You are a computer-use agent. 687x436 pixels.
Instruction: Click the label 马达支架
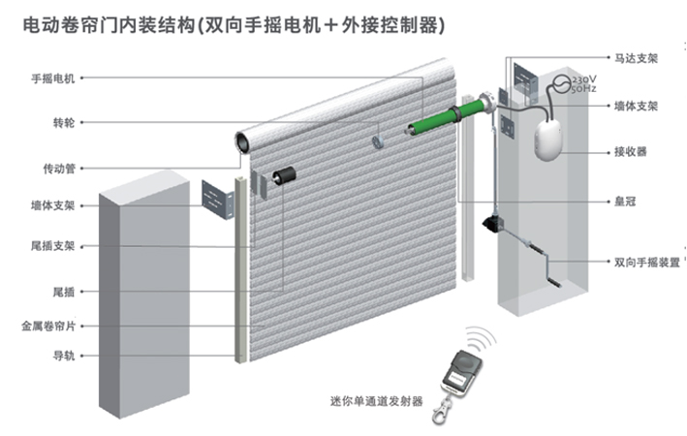[x=636, y=58]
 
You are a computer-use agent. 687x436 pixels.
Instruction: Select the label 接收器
[x=630, y=152]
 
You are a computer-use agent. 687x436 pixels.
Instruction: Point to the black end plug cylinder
[x=284, y=175]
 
